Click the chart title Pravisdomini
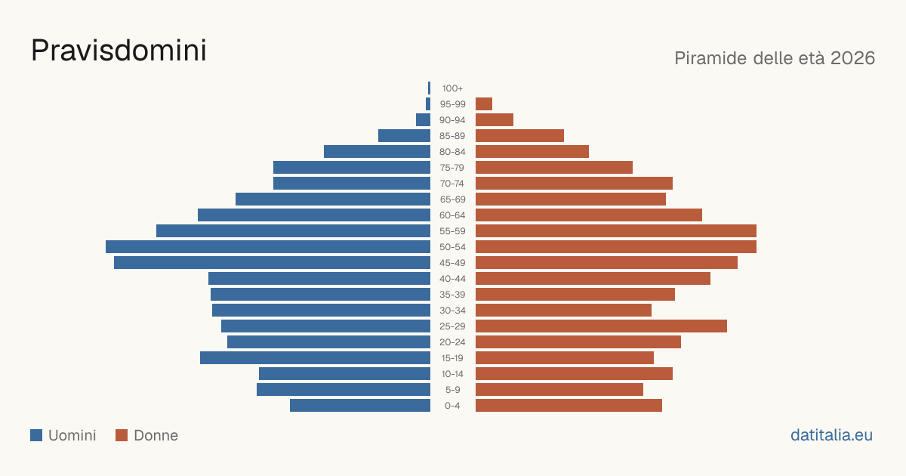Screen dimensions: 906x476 (119, 51)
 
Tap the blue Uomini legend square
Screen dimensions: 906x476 (36, 435)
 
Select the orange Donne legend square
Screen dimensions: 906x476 (122, 435)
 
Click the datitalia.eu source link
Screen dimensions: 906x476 (831, 435)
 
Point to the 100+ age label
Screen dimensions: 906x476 (452, 88)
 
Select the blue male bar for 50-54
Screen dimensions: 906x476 (268, 247)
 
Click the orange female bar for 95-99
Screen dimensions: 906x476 (484, 104)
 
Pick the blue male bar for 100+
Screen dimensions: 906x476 (429, 88)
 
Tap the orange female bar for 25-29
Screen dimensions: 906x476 (601, 326)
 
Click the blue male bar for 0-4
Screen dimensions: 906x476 (360, 406)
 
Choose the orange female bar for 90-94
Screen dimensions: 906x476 (495, 120)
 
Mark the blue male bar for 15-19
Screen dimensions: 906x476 (315, 358)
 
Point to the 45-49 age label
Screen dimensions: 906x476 (452, 263)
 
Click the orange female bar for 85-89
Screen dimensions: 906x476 (519, 135)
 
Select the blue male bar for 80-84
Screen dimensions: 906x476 (377, 152)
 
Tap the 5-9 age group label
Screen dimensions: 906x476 (452, 390)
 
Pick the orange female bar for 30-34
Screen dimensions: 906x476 (563, 311)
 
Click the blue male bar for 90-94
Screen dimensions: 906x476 (423, 120)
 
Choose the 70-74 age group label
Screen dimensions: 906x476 (452, 184)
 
